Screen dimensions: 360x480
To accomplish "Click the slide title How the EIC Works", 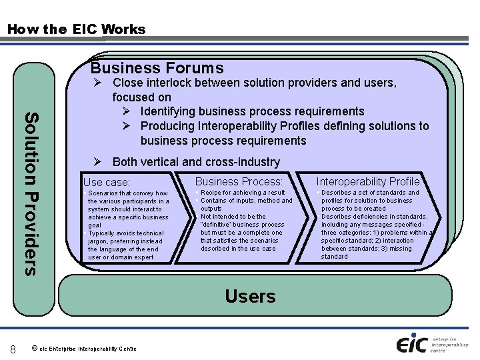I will tap(75, 29).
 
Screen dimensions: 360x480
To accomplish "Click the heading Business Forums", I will tap(157, 68).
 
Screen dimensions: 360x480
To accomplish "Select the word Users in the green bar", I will tap(250, 296).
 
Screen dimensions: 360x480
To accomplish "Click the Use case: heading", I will tap(107, 182).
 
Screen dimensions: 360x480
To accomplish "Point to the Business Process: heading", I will tap(239, 181).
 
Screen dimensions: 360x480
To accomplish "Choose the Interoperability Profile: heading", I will tap(369, 181).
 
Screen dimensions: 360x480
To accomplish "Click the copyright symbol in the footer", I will tap(34, 348).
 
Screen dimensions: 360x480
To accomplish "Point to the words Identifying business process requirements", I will tap(252, 111).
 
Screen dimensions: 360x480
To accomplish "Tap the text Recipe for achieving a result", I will tap(243, 193).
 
